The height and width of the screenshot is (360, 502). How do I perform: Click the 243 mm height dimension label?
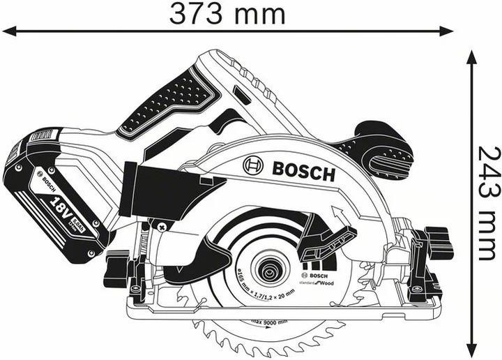[x=488, y=202]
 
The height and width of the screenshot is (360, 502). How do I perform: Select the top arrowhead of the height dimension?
[x=472, y=56]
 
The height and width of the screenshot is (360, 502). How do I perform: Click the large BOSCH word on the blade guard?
[x=303, y=170]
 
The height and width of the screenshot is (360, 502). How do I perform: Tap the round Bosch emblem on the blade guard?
[x=253, y=166]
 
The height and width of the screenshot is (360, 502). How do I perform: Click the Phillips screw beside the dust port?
[x=162, y=225]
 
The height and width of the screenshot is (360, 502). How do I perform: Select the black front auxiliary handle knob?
[x=380, y=150]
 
